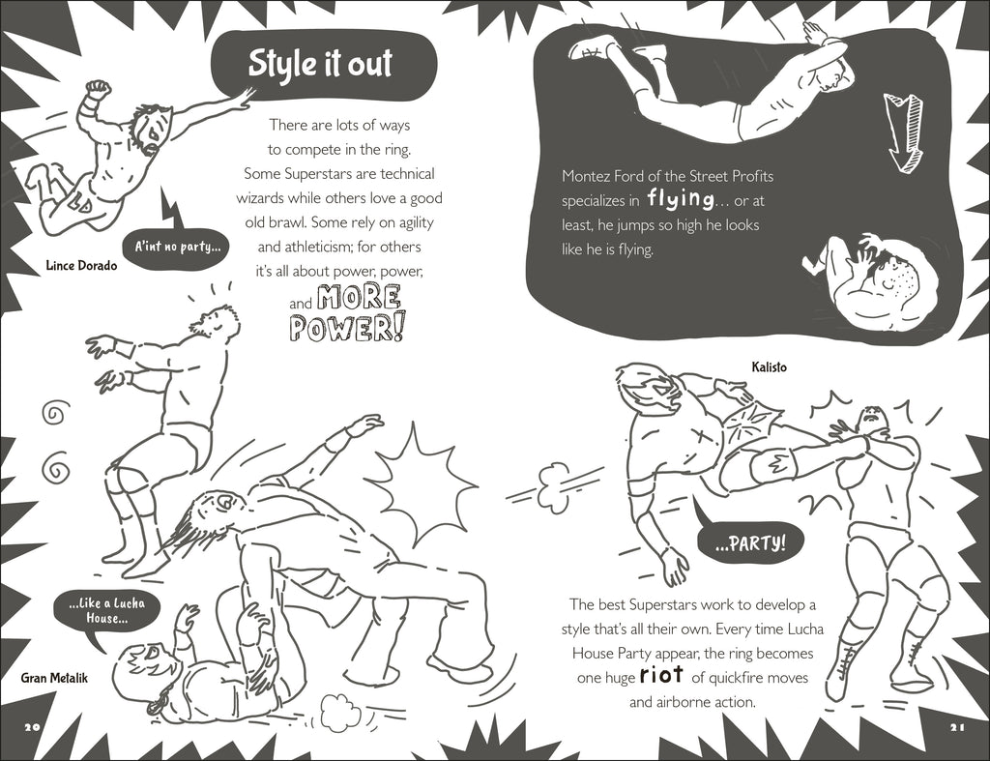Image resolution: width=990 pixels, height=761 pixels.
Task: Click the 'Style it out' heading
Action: tap(320, 64)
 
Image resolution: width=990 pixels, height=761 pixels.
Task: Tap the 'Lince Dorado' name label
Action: tap(81, 265)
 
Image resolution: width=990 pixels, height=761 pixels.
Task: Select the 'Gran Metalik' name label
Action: tap(54, 678)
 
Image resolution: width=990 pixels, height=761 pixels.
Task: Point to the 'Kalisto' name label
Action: tap(769, 366)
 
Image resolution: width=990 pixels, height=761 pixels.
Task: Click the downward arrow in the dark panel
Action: tap(904, 132)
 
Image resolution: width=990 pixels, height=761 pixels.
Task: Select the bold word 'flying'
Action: tap(681, 199)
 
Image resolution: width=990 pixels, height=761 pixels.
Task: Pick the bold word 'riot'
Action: tap(661, 675)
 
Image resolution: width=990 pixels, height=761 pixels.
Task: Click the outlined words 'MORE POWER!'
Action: tap(347, 312)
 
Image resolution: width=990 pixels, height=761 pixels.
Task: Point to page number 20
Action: tap(32, 726)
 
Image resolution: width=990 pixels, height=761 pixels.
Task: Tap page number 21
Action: tap(957, 727)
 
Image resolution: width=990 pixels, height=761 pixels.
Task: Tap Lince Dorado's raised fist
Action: tap(99, 88)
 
